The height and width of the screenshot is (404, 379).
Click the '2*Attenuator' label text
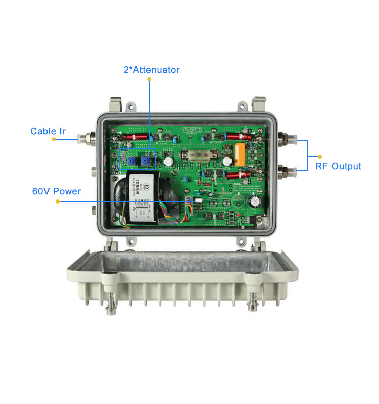[151, 70]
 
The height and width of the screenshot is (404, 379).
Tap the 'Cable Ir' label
[48, 131]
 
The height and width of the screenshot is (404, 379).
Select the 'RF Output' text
[338, 166]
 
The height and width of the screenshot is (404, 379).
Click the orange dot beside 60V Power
[58, 201]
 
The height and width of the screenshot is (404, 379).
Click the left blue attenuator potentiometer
[131, 161]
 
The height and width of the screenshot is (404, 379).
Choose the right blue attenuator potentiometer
[146, 161]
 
